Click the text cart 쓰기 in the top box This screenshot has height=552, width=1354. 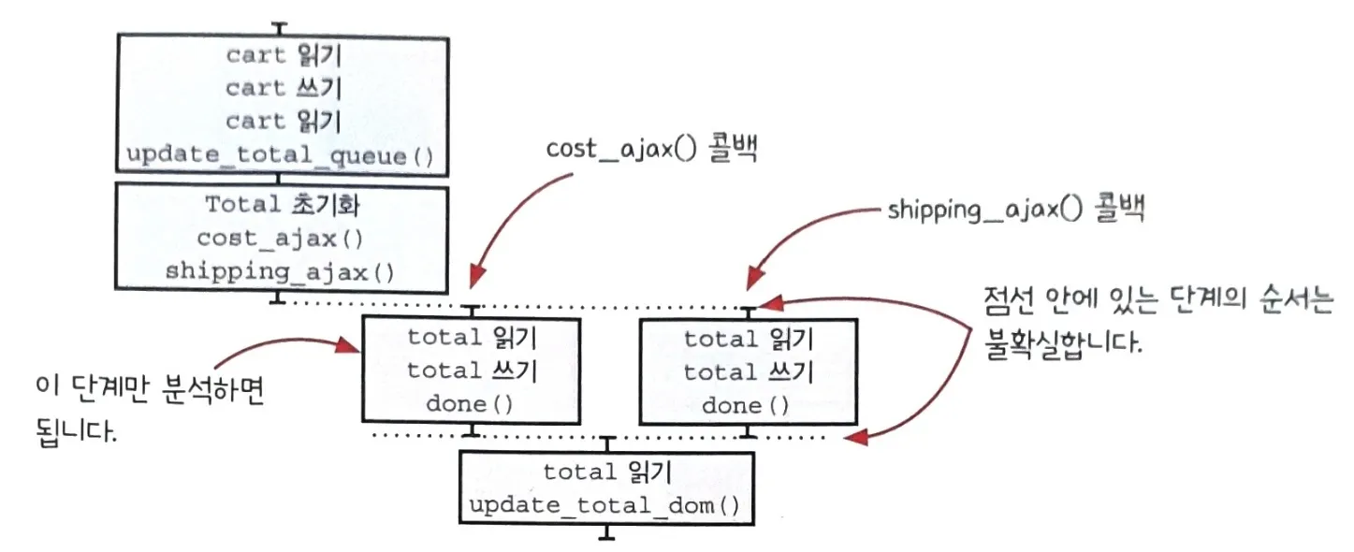click(283, 88)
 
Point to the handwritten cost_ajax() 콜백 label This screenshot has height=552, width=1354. click(651, 150)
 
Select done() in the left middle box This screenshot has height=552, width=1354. click(471, 405)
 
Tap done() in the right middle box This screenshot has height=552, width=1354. click(747, 405)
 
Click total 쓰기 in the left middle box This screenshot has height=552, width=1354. click(471, 371)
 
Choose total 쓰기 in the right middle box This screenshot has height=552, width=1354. click(747, 371)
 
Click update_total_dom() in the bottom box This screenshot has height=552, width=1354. click(604, 506)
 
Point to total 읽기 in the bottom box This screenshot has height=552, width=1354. click(604, 472)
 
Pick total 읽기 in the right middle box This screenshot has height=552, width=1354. click(747, 338)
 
